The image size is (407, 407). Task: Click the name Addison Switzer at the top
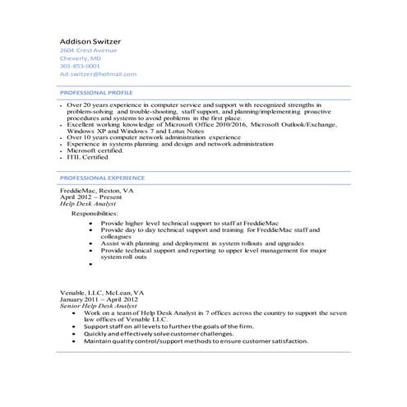93,41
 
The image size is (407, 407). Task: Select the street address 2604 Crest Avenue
88,51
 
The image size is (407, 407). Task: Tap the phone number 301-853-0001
80,67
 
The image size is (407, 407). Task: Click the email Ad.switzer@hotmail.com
97,75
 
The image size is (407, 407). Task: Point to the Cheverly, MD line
80,59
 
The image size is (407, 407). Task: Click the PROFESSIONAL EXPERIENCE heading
103,178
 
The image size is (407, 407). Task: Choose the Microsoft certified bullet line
95,151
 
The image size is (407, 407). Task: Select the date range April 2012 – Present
91,196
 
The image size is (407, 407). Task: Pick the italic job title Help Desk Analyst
90,202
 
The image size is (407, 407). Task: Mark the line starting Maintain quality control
196,341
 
